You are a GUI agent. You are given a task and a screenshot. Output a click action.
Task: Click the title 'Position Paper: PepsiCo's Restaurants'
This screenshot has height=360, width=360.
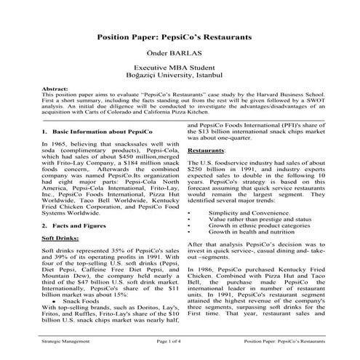180,35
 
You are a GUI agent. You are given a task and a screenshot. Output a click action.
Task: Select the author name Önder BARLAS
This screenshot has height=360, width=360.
180,52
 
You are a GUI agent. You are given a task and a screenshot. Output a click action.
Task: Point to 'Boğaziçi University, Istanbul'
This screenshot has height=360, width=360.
180,74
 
